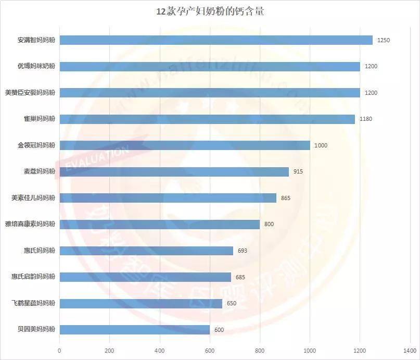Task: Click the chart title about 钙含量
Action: click(x=210, y=12)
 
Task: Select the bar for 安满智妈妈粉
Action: click(x=216, y=40)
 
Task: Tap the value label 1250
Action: click(x=384, y=40)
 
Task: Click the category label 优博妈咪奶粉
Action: click(x=36, y=66)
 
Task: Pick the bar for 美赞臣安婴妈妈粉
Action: click(x=210, y=92)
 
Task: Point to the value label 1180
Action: click(x=365, y=119)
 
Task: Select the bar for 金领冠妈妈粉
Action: click(x=185, y=145)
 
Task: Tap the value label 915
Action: click(x=298, y=171)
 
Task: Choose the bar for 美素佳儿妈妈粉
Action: click(x=168, y=198)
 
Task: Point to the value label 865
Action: click(x=285, y=198)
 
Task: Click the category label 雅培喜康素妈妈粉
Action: click(x=30, y=224)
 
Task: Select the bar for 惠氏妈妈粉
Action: click(x=146, y=251)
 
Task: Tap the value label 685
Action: click(x=240, y=277)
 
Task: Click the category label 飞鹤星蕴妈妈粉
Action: click(x=33, y=303)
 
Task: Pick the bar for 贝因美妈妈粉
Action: click(x=134, y=329)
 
